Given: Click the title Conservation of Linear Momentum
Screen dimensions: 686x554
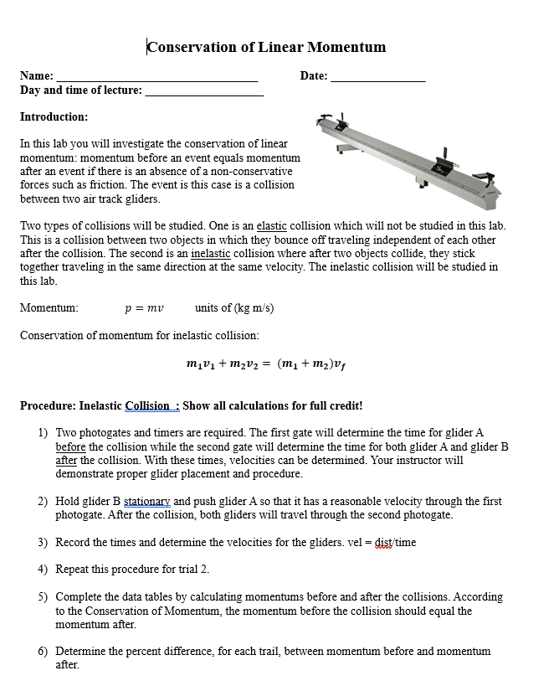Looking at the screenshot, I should (266, 47).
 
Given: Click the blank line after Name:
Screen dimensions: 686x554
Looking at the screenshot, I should (156, 79).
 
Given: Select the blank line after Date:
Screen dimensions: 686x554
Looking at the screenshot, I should (377, 79).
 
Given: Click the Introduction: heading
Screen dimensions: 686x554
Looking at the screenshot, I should (54, 117).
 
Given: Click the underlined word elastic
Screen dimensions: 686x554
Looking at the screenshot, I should (271, 226).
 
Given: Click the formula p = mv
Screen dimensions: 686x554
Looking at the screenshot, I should (143, 308).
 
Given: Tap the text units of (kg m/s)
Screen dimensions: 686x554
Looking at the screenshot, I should (234, 308).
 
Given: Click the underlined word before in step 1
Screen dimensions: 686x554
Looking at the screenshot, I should (70, 447).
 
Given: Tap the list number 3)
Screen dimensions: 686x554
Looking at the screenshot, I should (42, 543).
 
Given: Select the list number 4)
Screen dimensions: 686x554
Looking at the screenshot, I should (42, 570).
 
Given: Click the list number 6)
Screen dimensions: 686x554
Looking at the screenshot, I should (42, 651).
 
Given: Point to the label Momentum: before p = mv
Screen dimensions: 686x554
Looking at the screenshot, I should (49, 308).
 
